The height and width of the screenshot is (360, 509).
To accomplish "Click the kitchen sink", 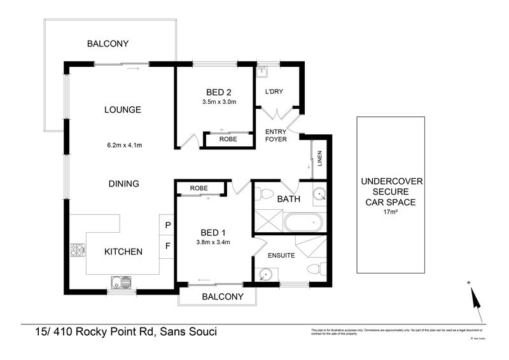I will (x=120, y=282).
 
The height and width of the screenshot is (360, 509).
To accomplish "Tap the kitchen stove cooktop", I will (x=78, y=251).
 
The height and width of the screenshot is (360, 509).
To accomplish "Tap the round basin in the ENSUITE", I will (x=266, y=274).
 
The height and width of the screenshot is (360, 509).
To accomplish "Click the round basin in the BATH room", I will (x=319, y=195).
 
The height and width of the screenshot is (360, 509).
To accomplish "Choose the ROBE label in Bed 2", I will (x=228, y=139).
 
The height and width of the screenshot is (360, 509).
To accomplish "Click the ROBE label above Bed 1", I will (x=199, y=188).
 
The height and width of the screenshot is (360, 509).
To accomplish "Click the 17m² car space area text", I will (x=389, y=213).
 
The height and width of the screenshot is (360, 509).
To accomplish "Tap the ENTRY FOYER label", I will (x=276, y=135).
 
